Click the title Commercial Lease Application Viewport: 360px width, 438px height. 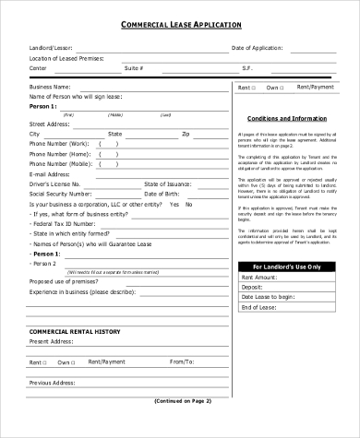point(180,26)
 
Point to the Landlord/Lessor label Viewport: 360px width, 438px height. point(52,47)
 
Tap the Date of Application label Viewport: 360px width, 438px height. point(258,47)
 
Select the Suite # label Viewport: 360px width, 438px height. point(134,68)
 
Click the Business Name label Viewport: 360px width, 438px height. point(51,87)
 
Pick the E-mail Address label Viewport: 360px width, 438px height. point(50,173)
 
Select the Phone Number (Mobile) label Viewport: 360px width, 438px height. point(61,163)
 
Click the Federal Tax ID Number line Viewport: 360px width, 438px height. point(64,223)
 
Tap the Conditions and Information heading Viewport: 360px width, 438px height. point(287,120)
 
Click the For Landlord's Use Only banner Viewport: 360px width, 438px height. point(287,266)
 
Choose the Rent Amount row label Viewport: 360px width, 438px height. point(260,277)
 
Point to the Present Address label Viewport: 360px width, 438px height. point(52,341)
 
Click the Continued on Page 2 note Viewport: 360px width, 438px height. point(180,400)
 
